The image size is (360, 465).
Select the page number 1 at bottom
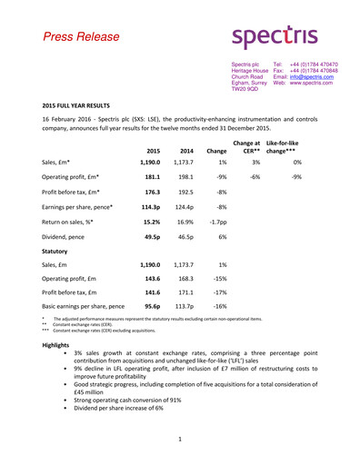pos(180,439)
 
